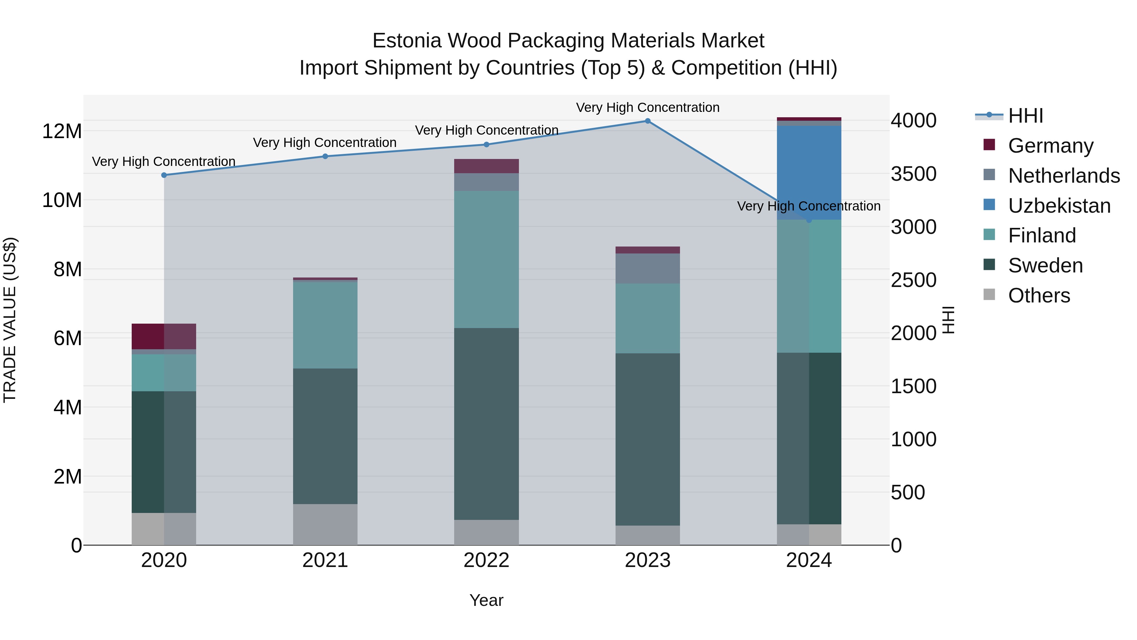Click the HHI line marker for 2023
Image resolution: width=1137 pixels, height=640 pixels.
(647, 121)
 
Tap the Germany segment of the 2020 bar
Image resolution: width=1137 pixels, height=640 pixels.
(164, 337)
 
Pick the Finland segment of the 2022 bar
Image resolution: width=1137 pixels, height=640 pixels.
(486, 259)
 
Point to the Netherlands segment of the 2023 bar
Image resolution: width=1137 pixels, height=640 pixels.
(647, 269)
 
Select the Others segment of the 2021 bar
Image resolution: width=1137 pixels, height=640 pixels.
(325, 524)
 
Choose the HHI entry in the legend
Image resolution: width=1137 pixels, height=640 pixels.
(1025, 116)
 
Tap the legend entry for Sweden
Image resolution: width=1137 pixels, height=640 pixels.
(1045, 265)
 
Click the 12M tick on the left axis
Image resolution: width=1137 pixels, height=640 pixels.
(62, 131)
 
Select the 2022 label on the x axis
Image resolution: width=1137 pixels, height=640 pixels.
(486, 560)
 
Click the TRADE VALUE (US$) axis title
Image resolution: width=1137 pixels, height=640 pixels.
(10, 320)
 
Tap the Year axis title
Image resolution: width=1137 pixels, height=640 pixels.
(486, 600)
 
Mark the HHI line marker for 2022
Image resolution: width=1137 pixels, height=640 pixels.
(486, 144)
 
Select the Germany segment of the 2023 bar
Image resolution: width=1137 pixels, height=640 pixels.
(647, 250)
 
